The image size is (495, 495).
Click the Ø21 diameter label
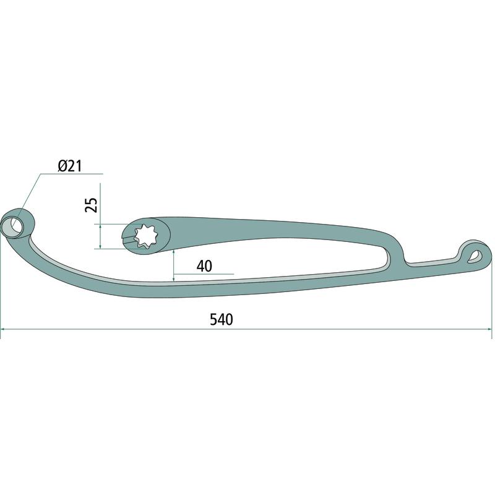coord(70,166)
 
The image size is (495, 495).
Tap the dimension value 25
coord(92,205)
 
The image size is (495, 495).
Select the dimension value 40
coord(204,266)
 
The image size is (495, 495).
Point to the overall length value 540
coord(222,319)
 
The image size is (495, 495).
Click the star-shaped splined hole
coord(145,235)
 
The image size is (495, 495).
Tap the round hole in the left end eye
coord(12,225)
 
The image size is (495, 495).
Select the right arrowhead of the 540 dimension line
coord(489,329)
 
